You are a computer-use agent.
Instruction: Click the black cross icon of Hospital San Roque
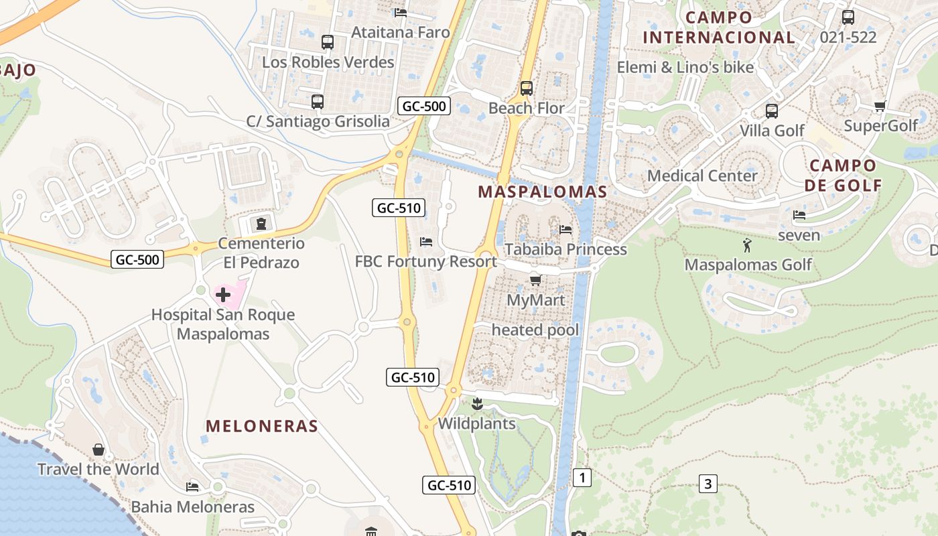tap(223, 294)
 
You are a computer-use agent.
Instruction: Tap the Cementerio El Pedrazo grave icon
tap(261, 223)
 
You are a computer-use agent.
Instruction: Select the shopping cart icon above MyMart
tap(535, 280)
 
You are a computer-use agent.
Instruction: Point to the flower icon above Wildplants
tap(477, 403)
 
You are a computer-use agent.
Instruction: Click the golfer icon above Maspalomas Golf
tap(748, 245)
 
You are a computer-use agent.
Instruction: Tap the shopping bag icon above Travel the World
tap(98, 450)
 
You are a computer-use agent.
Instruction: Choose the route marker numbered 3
tap(708, 483)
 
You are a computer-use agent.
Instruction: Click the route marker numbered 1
tap(582, 478)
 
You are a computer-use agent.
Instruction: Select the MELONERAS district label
tap(262, 426)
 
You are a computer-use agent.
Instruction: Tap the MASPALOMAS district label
tap(543, 192)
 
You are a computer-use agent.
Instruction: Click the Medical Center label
tap(702, 176)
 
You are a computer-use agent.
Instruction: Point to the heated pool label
tap(535, 330)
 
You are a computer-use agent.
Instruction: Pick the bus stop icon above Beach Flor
tap(526, 88)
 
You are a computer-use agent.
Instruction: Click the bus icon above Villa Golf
tap(772, 111)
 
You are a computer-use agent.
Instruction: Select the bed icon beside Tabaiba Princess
tap(566, 230)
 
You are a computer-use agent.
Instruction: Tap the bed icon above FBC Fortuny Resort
tap(426, 241)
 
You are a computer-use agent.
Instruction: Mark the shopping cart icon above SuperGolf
tap(880, 106)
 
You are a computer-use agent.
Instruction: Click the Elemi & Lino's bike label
tap(685, 67)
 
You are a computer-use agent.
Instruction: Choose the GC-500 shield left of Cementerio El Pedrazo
tap(137, 259)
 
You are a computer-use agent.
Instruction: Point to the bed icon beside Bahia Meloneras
tap(192, 486)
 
